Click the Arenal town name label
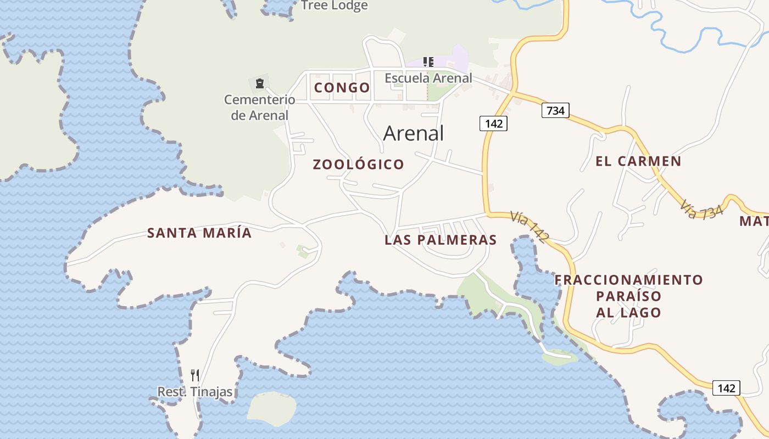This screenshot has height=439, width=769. click(413, 133)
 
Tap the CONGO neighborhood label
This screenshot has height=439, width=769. click(342, 87)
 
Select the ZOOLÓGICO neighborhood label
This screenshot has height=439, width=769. click(358, 164)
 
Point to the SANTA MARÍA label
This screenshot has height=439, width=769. click(199, 233)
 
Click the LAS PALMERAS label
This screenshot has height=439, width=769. click(441, 240)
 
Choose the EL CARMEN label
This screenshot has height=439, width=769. click(638, 161)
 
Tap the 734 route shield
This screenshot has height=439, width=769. click(555, 110)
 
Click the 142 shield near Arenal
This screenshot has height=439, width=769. click(493, 123)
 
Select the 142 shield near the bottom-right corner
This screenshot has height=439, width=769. click(726, 388)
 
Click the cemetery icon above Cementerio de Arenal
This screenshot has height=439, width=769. click(259, 84)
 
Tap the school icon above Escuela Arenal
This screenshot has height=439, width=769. click(428, 61)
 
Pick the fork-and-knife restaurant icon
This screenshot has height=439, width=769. click(194, 375)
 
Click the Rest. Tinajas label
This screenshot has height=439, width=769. click(194, 392)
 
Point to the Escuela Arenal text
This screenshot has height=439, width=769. click(428, 78)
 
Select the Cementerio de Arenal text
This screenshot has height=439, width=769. click(259, 108)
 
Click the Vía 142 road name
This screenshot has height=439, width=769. click(530, 227)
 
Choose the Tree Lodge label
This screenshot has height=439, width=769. click(335, 6)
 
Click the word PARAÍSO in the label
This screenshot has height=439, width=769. click(628, 296)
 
